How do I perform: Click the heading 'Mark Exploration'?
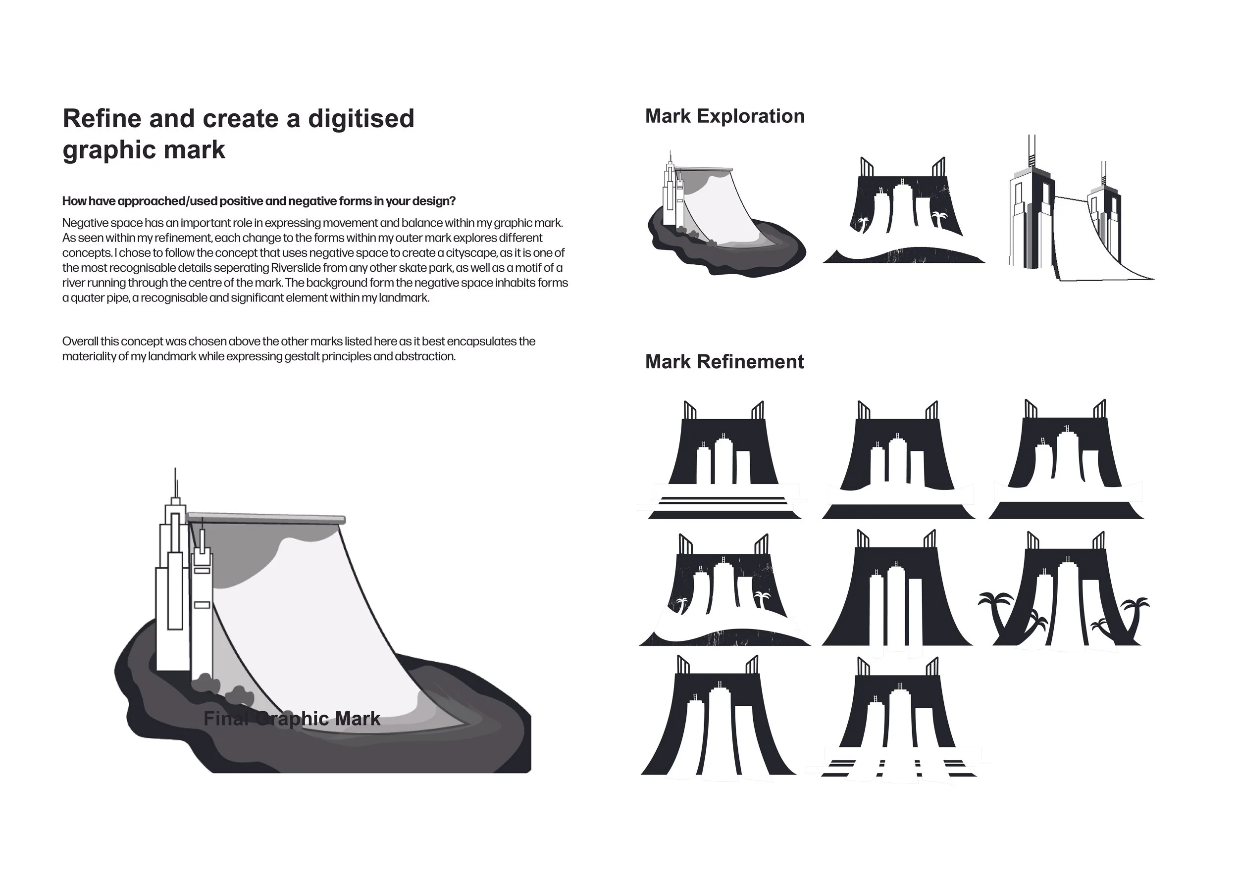[724, 116]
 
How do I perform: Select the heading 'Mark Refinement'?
[724, 361]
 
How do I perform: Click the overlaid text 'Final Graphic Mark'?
[292, 719]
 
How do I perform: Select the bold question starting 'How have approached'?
[259, 201]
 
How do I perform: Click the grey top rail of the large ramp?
[266, 518]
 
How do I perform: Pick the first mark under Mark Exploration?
[726, 214]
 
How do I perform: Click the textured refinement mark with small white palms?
[724, 589]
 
